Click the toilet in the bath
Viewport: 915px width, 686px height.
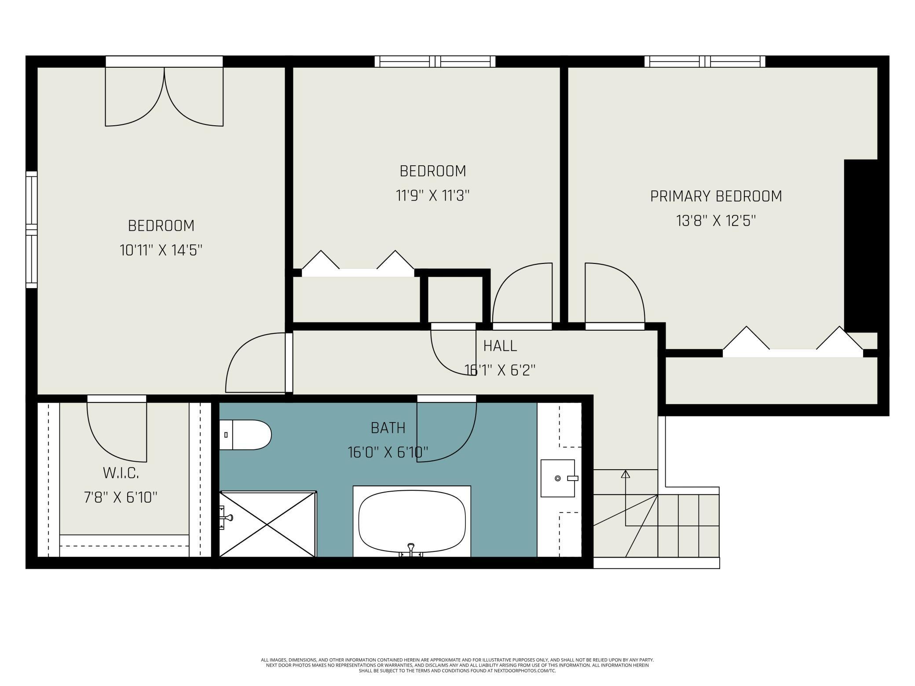tap(245, 435)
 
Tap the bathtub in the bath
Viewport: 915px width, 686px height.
tap(412, 522)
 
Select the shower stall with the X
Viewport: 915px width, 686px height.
tap(267, 524)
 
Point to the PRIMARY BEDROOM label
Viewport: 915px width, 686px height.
tap(716, 196)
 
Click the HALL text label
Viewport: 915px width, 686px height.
tap(500, 346)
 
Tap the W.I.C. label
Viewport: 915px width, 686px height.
tap(121, 473)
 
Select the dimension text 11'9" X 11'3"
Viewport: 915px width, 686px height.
tap(433, 195)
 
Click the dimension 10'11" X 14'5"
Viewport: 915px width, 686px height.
tap(161, 250)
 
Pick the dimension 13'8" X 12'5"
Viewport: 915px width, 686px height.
tap(716, 220)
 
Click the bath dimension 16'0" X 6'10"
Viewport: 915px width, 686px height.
tap(388, 452)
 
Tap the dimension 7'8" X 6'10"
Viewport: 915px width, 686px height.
tap(121, 497)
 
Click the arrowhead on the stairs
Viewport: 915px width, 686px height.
tap(625, 474)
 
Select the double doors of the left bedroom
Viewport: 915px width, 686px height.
tap(164, 97)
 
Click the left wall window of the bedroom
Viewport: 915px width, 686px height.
tap(31, 230)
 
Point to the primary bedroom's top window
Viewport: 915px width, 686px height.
tap(705, 62)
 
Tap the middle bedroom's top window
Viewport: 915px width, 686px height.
tap(435, 62)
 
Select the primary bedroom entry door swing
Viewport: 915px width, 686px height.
tap(615, 293)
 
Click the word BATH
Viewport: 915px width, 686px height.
tap(388, 428)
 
